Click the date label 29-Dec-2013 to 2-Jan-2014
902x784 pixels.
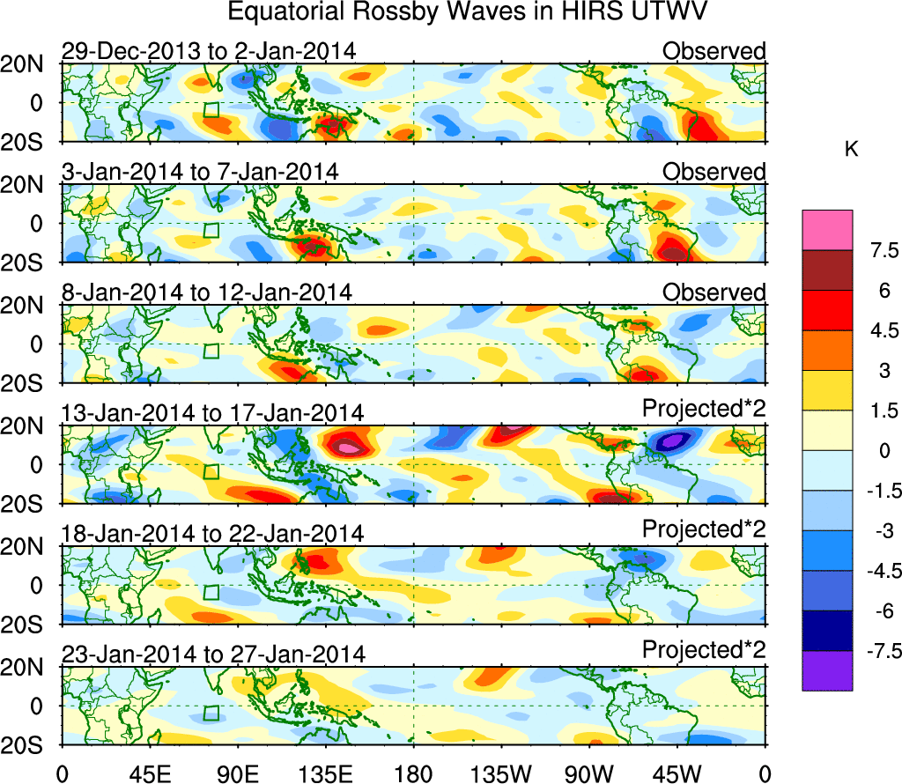209,51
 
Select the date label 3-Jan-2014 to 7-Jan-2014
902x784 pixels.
200,172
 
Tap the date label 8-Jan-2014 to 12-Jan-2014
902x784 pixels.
207,292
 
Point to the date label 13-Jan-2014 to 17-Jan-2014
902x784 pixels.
212,412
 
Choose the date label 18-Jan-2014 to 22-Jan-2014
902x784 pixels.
212,533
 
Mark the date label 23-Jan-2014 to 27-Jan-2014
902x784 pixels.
212,654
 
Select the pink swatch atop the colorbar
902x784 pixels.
827,230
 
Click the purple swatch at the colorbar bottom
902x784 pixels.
827,670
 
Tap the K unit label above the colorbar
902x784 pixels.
852,150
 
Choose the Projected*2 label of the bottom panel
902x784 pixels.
704,650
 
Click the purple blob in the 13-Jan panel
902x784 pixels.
674,440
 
